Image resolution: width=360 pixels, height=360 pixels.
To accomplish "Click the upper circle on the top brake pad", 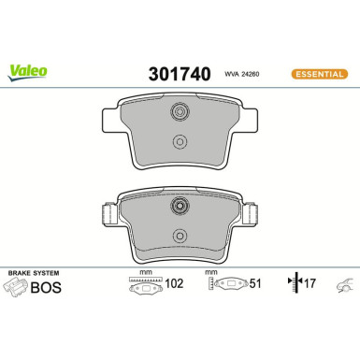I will pyautogui.click(x=180, y=113).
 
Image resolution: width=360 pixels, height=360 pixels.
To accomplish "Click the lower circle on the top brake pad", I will pyautogui.click(x=180, y=142).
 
